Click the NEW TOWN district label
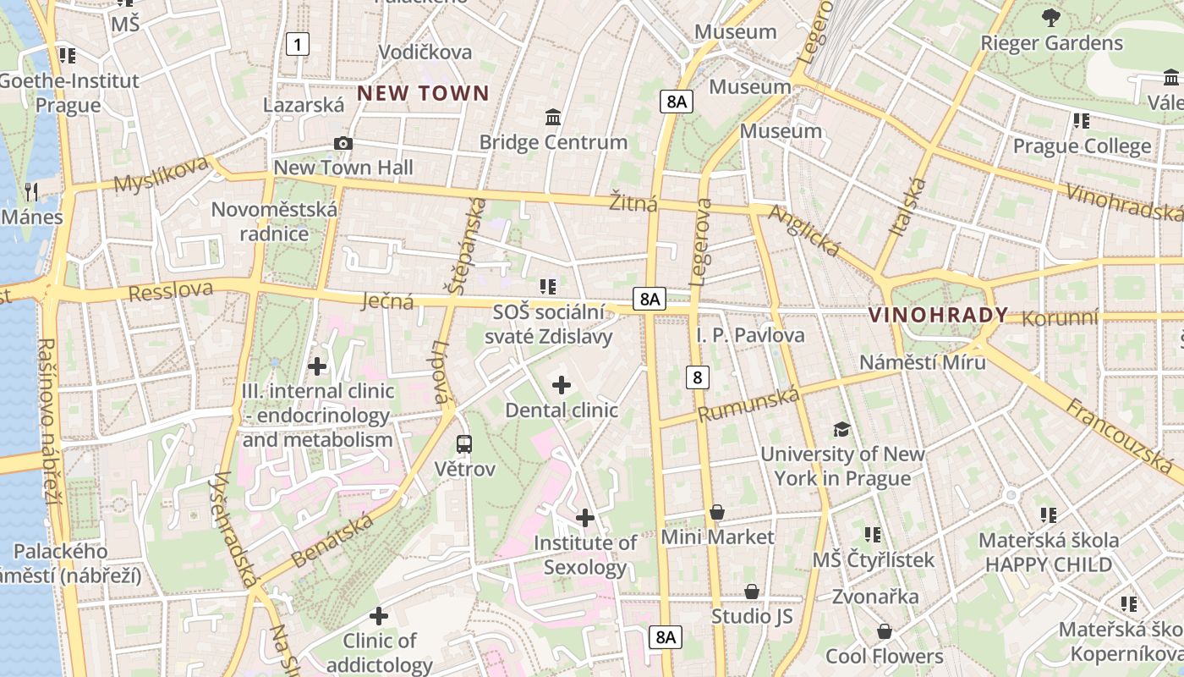[423, 93]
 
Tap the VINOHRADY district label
[938, 316]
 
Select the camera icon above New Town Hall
[343, 143]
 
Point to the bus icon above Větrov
[464, 443]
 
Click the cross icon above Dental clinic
[562, 386]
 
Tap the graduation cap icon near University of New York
[841, 429]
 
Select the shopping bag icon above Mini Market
[717, 512]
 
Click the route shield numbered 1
[297, 43]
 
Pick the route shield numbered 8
[697, 377]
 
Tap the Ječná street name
[386, 301]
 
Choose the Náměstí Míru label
[922, 362]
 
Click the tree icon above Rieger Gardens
[1050, 18]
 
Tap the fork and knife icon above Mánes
[32, 191]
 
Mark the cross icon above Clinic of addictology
[379, 616]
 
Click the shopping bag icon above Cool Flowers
[884, 631]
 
